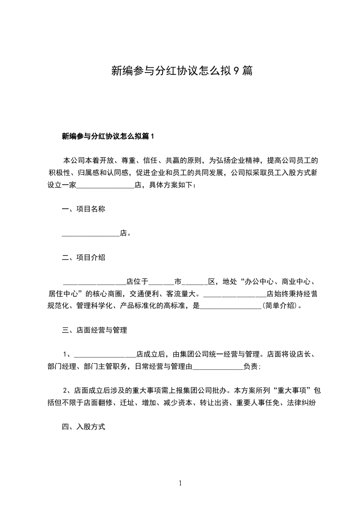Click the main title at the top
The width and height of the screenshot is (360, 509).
182,71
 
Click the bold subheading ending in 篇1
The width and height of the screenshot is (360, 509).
108,136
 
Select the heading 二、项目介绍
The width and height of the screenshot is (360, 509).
84,257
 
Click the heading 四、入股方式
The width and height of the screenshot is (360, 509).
84,426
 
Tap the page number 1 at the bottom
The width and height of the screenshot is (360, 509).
180,483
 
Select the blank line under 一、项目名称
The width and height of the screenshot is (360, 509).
90,233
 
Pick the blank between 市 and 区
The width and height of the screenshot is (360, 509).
197,281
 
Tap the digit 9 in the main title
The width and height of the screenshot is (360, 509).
236,71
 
